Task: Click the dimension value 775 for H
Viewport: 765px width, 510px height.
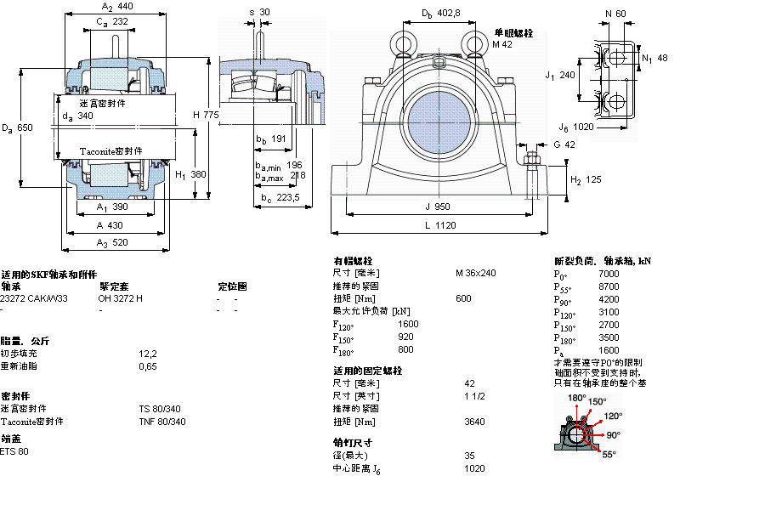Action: (x=211, y=115)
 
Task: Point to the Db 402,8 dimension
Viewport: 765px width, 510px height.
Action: (x=440, y=13)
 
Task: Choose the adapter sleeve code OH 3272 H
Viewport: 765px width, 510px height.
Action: (x=121, y=298)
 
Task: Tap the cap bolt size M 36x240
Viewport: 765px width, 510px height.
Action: (x=475, y=273)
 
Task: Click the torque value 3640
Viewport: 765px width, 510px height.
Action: (x=475, y=422)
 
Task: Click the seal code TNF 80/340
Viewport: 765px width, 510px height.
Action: (x=161, y=422)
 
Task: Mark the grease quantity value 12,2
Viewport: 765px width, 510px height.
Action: (x=148, y=353)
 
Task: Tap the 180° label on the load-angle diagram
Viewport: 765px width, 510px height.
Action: (x=577, y=398)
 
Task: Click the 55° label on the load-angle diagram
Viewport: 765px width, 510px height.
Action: (x=609, y=455)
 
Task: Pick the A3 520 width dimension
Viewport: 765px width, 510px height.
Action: (x=113, y=243)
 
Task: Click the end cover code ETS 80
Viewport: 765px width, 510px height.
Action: (x=14, y=450)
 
